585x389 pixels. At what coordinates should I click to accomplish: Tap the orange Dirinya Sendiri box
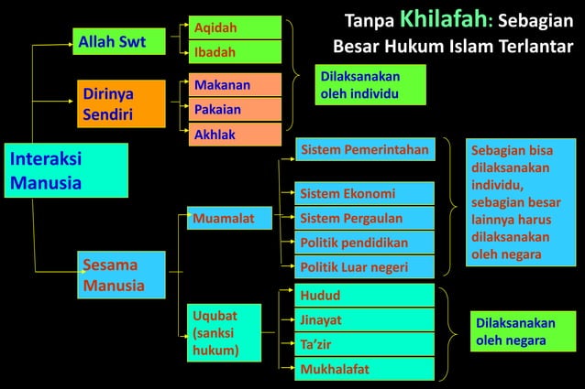120,104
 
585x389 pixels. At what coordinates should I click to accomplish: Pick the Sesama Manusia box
120,276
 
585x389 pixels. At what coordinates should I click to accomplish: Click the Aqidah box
235,27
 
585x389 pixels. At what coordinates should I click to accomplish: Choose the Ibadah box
235,52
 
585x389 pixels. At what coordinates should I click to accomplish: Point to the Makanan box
235,84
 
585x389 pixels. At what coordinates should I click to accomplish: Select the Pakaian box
235,109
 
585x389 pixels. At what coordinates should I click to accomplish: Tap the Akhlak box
235,135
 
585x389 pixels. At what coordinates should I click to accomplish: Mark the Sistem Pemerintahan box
365,149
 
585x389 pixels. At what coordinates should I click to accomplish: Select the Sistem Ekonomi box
365,193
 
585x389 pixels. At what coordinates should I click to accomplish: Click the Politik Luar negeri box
365,267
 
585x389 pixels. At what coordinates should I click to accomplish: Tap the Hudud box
365,296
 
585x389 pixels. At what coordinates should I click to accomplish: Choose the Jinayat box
365,320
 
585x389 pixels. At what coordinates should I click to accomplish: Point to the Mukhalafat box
365,369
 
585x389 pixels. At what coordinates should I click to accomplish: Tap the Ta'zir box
365,344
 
